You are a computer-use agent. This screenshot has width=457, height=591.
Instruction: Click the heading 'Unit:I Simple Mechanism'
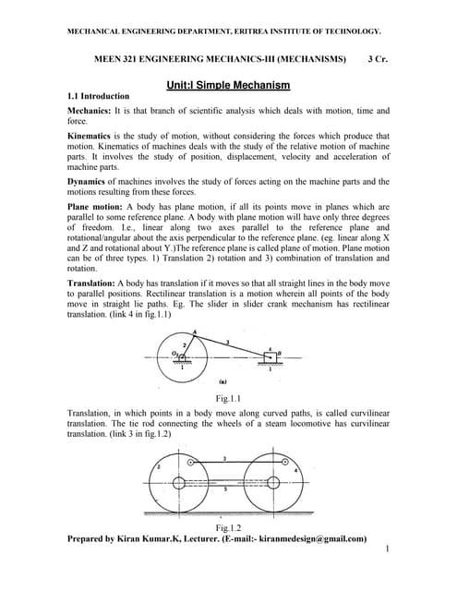[x=228, y=85]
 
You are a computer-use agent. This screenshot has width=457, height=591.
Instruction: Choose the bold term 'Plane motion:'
[x=100, y=206]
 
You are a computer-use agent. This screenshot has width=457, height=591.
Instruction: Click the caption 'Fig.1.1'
[x=228, y=399]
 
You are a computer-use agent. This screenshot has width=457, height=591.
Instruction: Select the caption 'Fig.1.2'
[x=228, y=527]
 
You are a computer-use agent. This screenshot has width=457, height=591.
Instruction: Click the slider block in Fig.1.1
[x=270, y=354]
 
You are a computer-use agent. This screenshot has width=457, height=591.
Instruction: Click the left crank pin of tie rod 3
[x=191, y=461]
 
